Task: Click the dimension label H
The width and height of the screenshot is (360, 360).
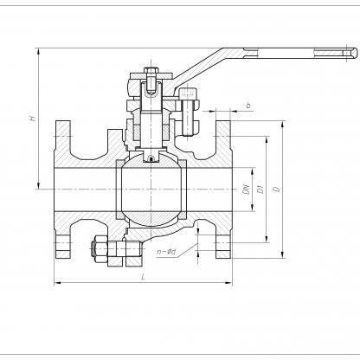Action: [33, 118]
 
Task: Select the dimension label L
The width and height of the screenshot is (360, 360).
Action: [143, 277]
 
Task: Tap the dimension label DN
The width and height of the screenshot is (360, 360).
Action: [246, 190]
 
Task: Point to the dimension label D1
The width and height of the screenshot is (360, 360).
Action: [260, 190]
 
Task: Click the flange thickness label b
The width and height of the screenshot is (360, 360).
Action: [248, 106]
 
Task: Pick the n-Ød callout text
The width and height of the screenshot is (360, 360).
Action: [166, 252]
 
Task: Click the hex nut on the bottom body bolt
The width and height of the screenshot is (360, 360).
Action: [98, 248]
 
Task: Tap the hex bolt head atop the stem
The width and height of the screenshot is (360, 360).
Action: [151, 70]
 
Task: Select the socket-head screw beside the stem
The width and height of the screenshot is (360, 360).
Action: [188, 112]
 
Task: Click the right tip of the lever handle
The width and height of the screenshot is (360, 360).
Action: [357, 54]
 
